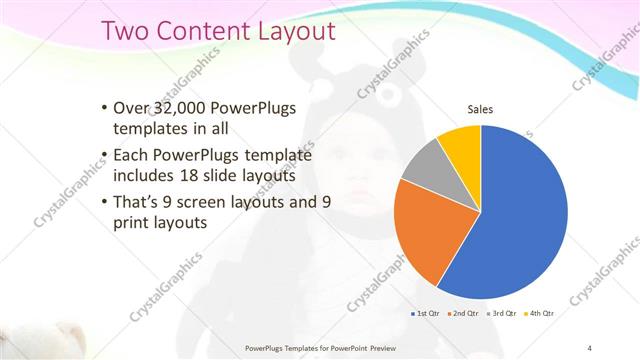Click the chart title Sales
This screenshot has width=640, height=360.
[480, 109]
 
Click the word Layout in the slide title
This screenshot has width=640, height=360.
[290, 31]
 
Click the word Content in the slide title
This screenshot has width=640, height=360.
[197, 31]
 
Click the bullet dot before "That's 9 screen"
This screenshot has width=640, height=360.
[105, 203]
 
